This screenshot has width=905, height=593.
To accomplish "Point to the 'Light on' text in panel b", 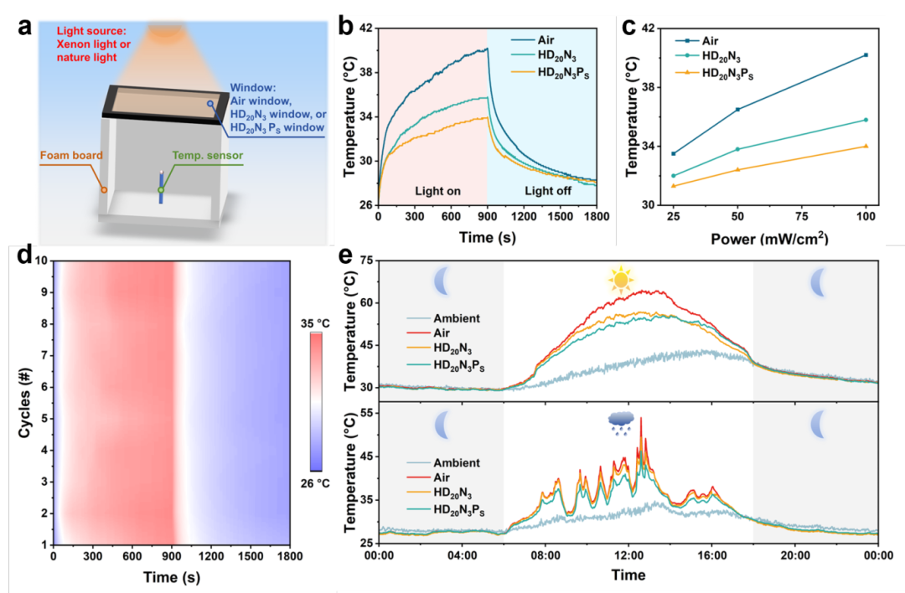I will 438,191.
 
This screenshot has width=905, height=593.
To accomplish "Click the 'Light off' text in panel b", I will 549,191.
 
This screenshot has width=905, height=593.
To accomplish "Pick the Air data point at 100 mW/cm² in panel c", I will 866,55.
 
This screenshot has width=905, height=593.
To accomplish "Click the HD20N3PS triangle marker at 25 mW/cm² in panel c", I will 674,185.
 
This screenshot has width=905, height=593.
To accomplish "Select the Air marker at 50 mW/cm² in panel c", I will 737,109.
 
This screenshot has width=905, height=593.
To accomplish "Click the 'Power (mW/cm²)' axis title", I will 769,238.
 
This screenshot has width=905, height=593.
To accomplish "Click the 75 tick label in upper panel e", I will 365,261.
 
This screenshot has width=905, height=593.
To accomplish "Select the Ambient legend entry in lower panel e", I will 456,462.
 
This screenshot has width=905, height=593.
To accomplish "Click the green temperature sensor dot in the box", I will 161,190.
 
